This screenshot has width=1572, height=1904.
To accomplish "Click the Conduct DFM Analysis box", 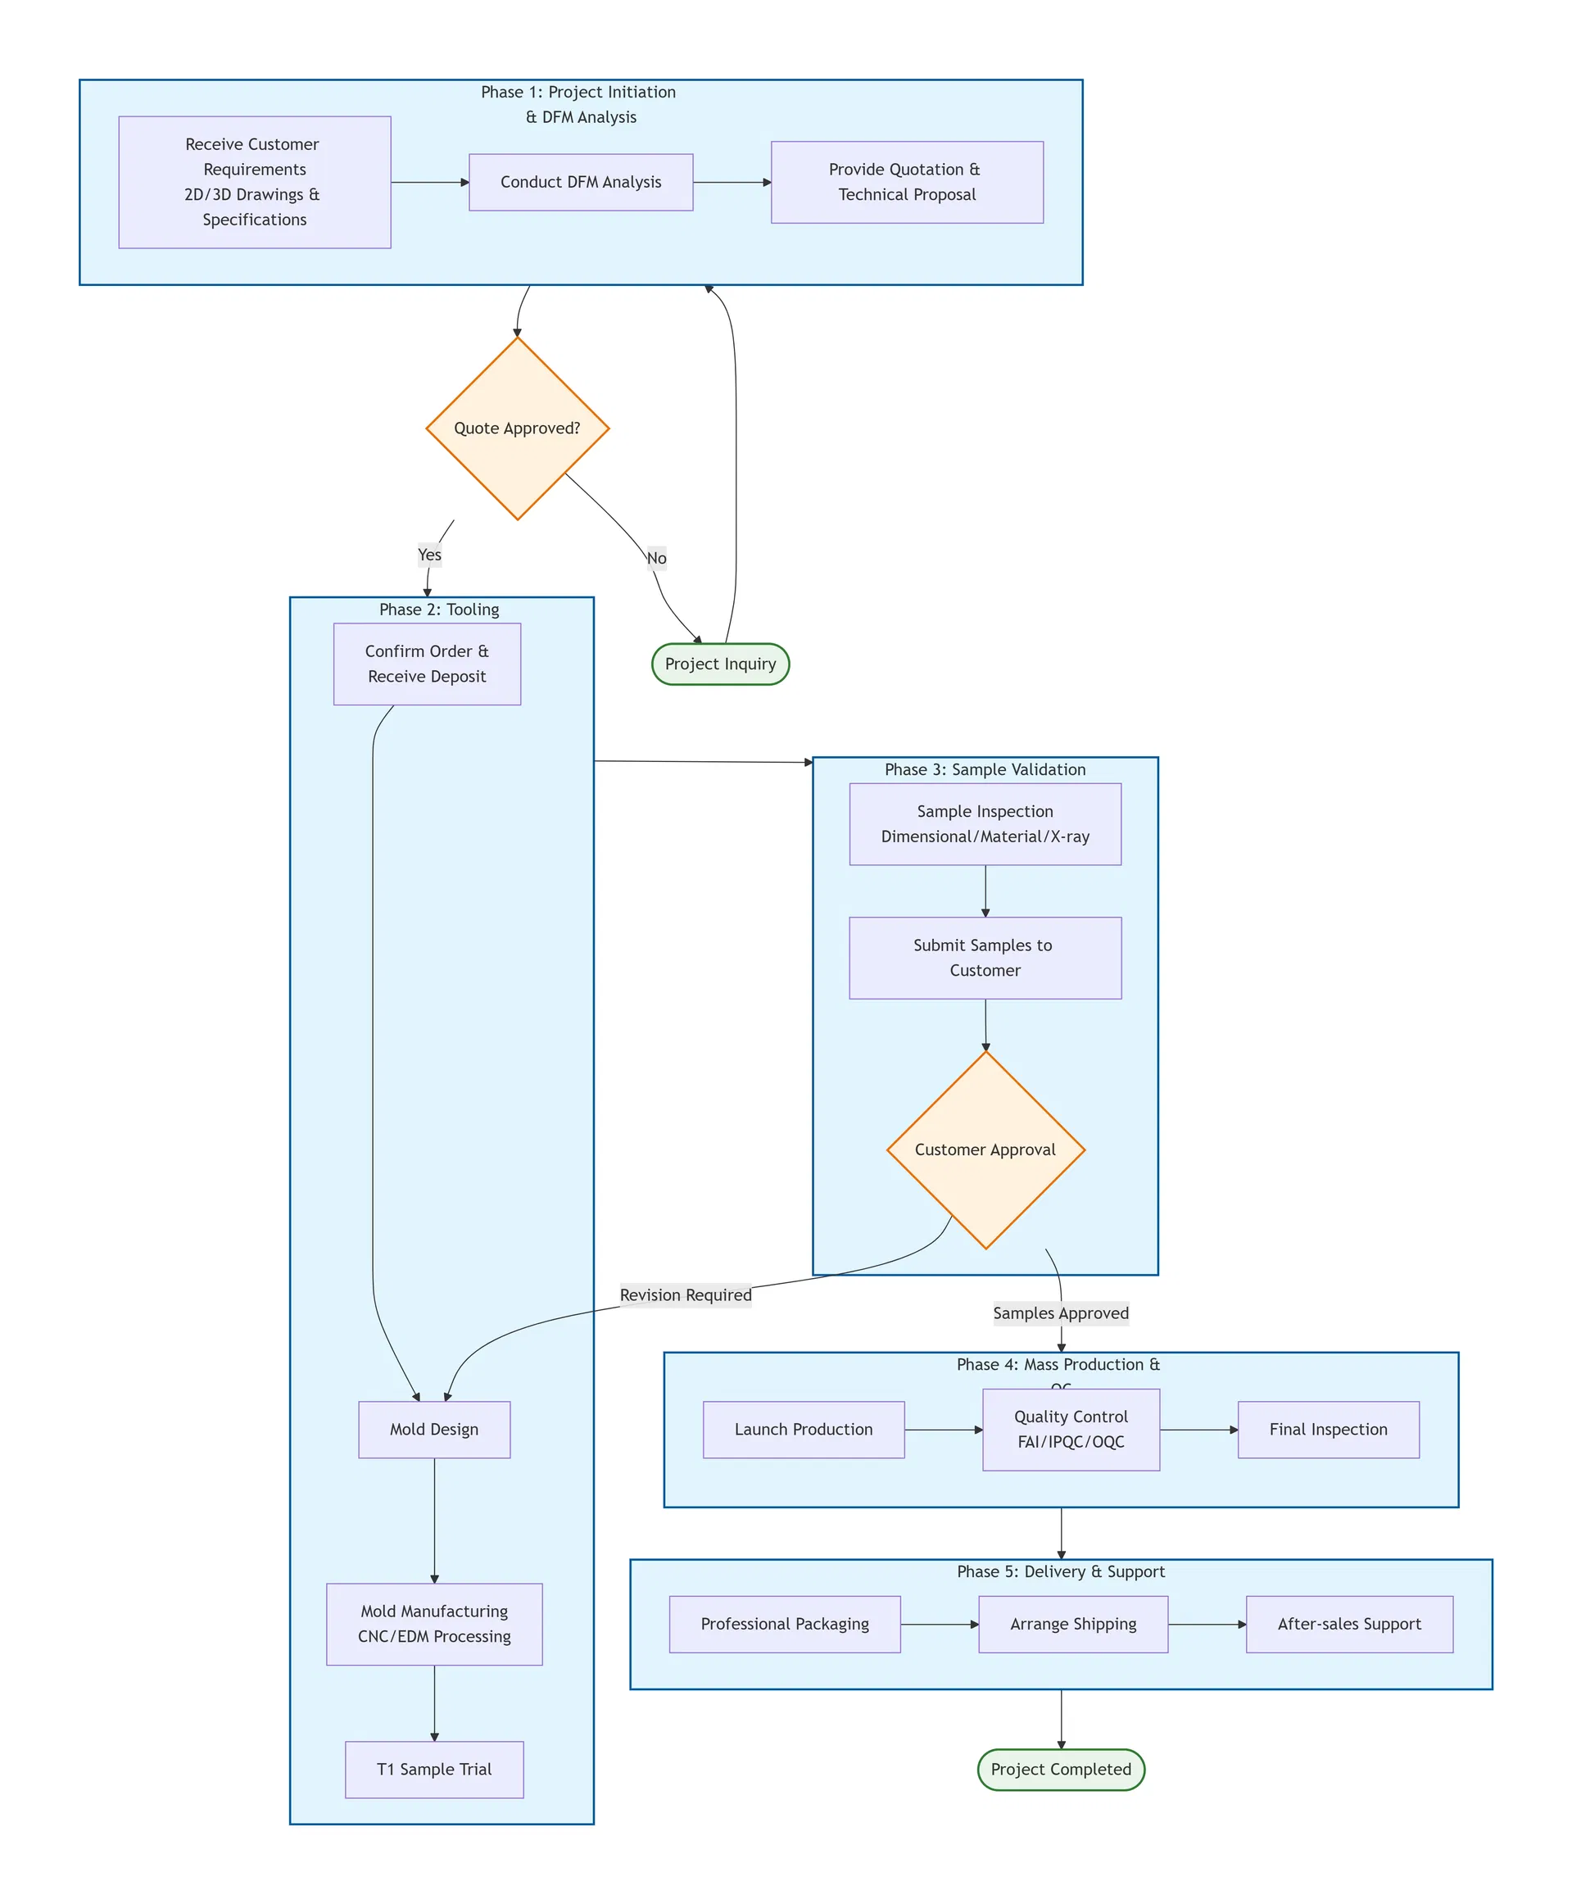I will tap(581, 182).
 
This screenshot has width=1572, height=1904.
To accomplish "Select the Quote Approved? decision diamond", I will tap(517, 428).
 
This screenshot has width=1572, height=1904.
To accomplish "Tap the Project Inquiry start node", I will tap(720, 664).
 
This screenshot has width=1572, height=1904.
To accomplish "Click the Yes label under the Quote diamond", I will tap(429, 555).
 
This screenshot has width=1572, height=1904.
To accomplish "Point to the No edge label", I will tap(656, 558).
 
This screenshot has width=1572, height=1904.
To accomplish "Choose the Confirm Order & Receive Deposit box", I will tap(427, 664).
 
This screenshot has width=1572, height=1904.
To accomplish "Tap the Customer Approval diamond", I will tap(985, 1149).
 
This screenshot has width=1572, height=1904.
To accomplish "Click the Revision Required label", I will tap(686, 1294).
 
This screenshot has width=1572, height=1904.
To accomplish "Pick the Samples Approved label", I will tap(1060, 1312).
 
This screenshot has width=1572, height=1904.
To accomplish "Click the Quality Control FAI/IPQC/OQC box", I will tap(1071, 1430).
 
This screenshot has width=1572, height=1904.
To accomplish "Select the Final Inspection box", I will tap(1328, 1430).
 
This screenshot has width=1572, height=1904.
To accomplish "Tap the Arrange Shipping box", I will tap(1073, 1624).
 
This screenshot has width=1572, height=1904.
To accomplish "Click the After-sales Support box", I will tap(1348, 1624).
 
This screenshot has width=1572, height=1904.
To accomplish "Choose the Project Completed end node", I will tap(1060, 1769).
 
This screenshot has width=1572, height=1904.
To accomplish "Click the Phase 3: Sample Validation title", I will tap(985, 769).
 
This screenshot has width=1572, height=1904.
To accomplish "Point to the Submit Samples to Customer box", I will tap(985, 958).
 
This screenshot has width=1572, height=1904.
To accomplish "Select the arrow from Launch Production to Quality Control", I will tap(943, 1430).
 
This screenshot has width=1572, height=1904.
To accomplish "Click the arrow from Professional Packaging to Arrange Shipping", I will tap(939, 1624).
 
